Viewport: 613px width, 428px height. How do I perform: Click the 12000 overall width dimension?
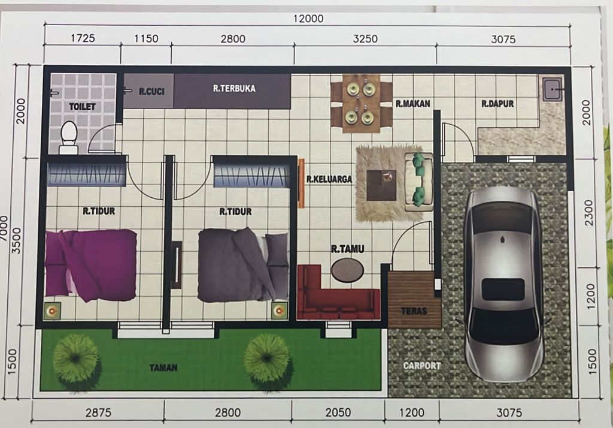pos(308,19)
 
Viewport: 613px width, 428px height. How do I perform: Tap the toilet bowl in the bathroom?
pos(69,137)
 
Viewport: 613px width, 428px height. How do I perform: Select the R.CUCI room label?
pos(151,92)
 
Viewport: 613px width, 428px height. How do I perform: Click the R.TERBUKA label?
pos(234,89)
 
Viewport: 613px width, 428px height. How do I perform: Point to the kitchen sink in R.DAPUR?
pos(552,90)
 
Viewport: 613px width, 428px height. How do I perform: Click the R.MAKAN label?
pos(413,104)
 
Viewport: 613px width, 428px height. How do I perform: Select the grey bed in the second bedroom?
pos(243,265)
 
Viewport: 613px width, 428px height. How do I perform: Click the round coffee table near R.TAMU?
pos(347,270)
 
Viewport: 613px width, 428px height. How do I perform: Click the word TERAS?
pos(414,311)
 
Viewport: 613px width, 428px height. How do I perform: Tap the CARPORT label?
pos(422,366)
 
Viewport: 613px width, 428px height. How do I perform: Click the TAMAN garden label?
pos(163,367)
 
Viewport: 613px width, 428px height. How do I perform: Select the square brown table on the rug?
pos(381,185)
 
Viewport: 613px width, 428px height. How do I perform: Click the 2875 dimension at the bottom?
pos(99,413)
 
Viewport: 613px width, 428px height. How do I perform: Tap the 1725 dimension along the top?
pos(83,38)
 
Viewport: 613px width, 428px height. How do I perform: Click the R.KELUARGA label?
pos(329,179)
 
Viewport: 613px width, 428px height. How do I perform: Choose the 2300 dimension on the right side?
pos(588,213)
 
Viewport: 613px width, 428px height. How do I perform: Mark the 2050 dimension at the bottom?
pos(338,412)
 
